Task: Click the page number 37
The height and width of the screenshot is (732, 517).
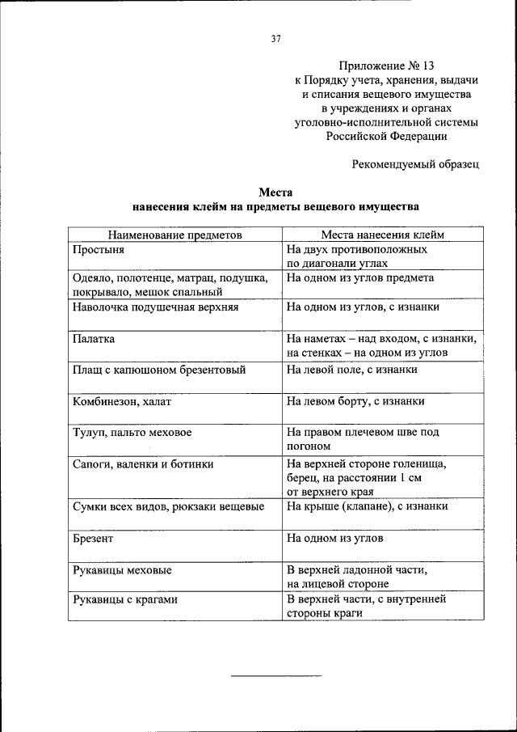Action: pos(275,38)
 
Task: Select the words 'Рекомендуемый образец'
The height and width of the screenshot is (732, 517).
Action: pos(416,164)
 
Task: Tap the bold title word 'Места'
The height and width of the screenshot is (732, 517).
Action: pos(275,193)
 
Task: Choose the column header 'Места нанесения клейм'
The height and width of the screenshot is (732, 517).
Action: pos(383,235)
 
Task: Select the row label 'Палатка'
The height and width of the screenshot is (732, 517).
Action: pos(94,339)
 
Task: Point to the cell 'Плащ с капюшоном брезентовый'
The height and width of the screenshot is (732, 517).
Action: pos(158,370)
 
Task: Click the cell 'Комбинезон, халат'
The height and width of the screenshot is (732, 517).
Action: pos(121,401)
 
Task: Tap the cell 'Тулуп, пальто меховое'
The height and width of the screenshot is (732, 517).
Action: pos(132,433)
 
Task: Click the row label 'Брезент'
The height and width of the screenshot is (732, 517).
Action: pos(93,538)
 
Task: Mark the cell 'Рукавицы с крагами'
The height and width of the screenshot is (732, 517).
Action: pos(124,600)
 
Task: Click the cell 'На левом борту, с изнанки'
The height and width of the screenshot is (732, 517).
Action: pos(355,401)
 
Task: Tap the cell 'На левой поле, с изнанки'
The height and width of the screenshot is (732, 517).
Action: pos(351,370)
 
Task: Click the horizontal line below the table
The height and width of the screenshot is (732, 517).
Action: pos(275,675)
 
